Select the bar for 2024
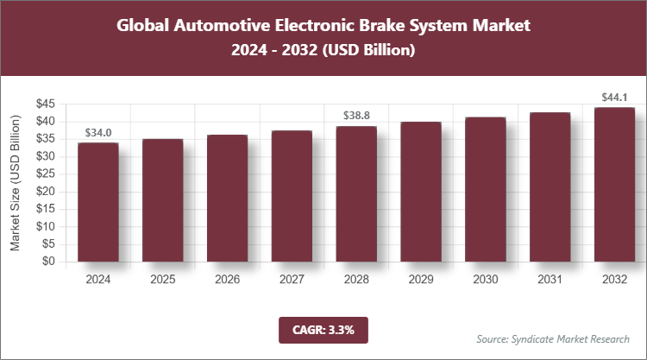click(x=98, y=202)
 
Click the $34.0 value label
click(x=98, y=132)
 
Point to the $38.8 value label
click(x=356, y=115)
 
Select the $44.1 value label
click(x=614, y=97)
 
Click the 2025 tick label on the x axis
click(x=163, y=280)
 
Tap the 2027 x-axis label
click(x=292, y=280)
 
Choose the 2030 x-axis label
click(x=485, y=280)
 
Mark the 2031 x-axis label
click(x=550, y=280)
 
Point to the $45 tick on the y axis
click(x=45, y=104)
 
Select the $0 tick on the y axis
click(x=48, y=262)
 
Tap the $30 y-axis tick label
click(x=45, y=157)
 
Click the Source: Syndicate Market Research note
click(x=552, y=338)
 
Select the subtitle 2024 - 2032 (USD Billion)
click(x=323, y=51)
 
